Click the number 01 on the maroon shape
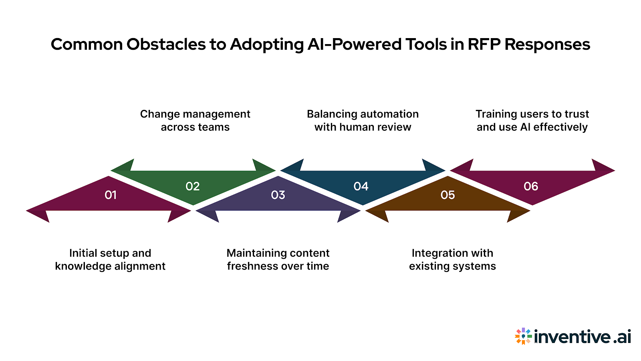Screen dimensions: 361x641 (x=111, y=195)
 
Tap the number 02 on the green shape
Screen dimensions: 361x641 (x=193, y=187)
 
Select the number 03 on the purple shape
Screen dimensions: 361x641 (x=278, y=195)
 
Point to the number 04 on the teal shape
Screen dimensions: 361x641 (x=361, y=187)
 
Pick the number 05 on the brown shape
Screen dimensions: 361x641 (x=447, y=195)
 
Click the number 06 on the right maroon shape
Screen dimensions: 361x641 (x=531, y=187)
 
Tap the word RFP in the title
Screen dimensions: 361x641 (x=484, y=44)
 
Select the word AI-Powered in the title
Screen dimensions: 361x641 (x=355, y=44)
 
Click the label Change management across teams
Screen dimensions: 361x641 (x=195, y=120)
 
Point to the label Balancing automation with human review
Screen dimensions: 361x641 (x=363, y=120)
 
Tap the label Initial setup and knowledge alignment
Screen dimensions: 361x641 (x=110, y=260)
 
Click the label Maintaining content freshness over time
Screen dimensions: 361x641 (x=278, y=260)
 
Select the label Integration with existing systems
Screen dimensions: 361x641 (x=452, y=260)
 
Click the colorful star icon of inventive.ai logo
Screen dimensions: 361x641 (x=523, y=336)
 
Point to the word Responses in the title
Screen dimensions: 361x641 (x=547, y=44)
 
